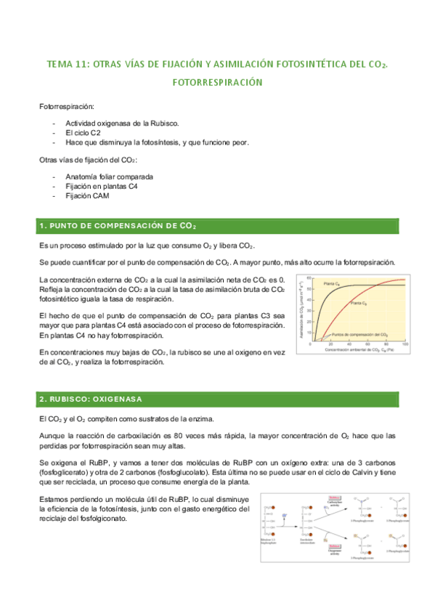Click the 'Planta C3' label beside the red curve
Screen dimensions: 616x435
tap(359, 302)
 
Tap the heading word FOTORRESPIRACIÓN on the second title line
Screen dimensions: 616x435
tap(217, 83)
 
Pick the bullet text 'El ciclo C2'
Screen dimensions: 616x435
tap(83, 134)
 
